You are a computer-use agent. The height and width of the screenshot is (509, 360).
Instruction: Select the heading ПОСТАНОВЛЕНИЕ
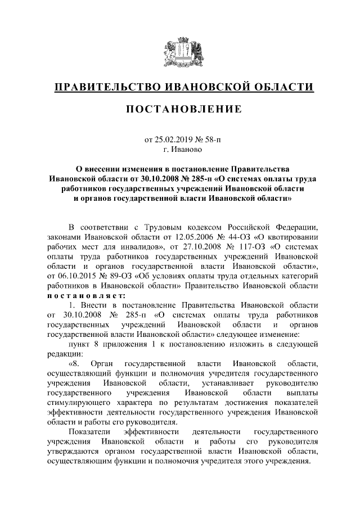click(180, 109)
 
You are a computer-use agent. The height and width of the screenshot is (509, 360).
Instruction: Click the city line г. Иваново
click(179, 150)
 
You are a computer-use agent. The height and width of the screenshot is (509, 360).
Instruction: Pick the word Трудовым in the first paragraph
click(163, 227)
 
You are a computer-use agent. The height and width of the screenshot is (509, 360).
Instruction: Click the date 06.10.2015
click(70, 276)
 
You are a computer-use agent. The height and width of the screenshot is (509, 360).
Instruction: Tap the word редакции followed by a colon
click(65, 354)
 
